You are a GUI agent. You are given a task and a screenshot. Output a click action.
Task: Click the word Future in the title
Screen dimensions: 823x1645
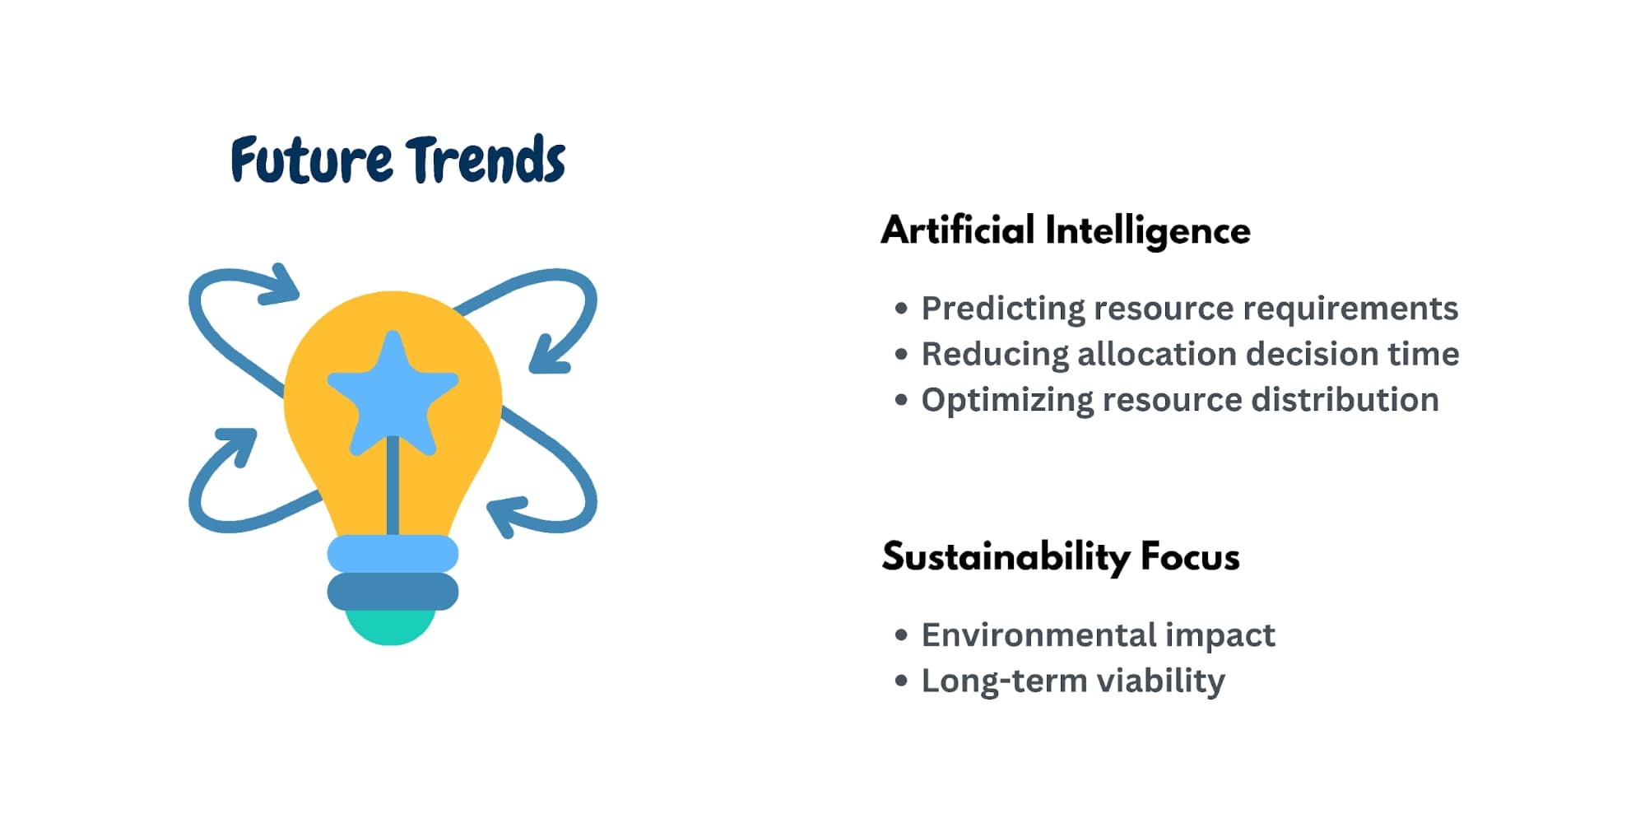click(311, 160)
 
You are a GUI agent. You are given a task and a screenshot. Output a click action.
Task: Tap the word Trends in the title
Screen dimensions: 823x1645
click(486, 160)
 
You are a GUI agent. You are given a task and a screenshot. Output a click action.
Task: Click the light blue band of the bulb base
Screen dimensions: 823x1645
click(393, 553)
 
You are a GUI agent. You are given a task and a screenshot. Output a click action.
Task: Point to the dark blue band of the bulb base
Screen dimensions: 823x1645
click(393, 592)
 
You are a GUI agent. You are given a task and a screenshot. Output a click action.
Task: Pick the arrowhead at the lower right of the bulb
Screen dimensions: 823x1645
click(506, 514)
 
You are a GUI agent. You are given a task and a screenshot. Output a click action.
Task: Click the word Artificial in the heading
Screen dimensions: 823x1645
click(957, 230)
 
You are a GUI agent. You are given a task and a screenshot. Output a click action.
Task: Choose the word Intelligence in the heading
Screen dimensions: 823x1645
click(1147, 231)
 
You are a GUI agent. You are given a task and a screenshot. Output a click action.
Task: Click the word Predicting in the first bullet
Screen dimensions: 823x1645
click(1002, 309)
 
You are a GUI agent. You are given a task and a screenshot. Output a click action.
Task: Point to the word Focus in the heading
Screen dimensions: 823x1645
click(1190, 557)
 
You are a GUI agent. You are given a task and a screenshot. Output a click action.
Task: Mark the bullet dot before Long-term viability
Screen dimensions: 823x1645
click(901, 681)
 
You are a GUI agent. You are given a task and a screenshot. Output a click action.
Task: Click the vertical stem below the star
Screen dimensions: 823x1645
click(393, 490)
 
